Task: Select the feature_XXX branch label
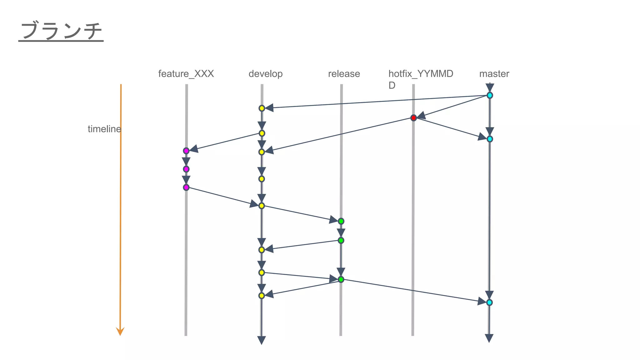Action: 186,74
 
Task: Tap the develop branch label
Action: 265,74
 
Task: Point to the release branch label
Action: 344,74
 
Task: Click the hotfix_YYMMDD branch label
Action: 421,74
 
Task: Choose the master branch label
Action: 494,74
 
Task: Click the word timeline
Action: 104,129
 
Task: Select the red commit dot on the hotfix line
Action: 413,118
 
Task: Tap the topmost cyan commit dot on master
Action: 490,95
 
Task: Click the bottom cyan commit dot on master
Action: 489,302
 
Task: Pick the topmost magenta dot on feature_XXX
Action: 186,151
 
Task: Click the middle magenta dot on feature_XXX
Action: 186,169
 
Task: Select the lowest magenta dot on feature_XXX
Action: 186,187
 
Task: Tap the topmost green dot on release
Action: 341,221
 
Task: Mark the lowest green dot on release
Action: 341,279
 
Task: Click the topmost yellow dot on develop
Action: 262,108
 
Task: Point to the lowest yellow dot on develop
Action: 262,296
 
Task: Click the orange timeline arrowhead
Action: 120,331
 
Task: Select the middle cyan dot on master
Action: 490,139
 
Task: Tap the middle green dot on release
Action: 341,240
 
